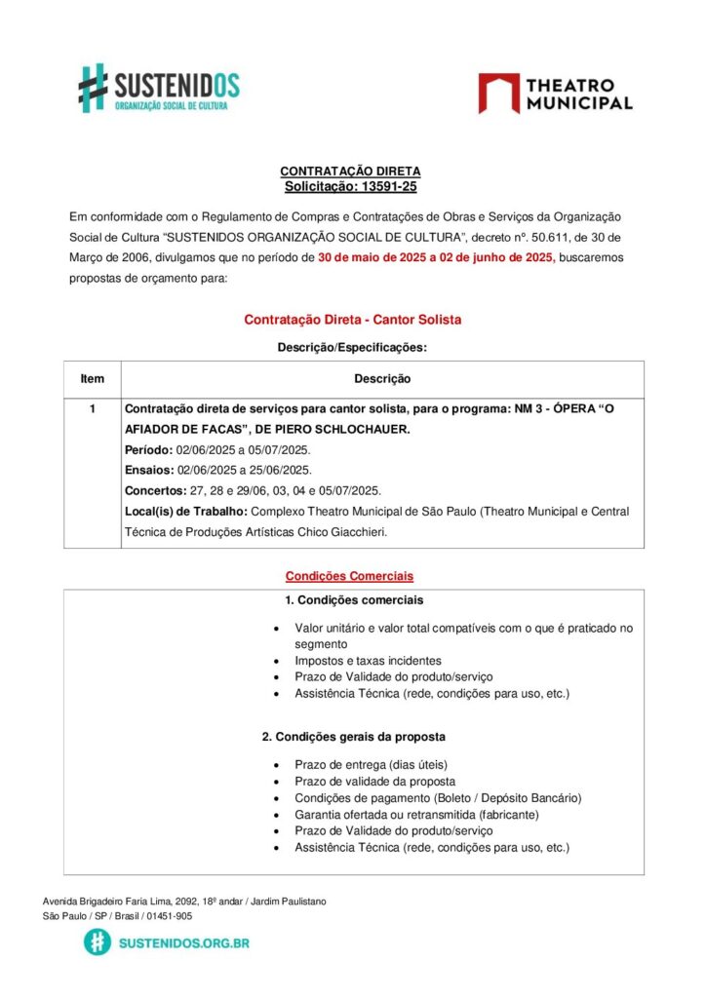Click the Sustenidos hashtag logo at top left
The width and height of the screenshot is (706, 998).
[93, 88]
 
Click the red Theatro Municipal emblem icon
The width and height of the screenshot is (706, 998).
[498, 94]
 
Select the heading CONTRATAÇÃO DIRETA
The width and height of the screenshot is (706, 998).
[350, 172]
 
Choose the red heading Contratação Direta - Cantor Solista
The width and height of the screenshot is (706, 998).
[352, 320]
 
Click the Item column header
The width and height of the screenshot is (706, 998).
[93, 379]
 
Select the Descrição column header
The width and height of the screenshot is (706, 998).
[382, 379]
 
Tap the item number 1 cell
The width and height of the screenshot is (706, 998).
[93, 410]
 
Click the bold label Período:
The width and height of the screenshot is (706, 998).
[149, 450]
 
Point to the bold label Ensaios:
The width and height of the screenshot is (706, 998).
[149, 471]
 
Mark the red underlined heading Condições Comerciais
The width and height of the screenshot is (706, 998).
[349, 576]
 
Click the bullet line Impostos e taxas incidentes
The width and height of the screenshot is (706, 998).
[368, 661]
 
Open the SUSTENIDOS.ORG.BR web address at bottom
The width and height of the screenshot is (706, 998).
[183, 943]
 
